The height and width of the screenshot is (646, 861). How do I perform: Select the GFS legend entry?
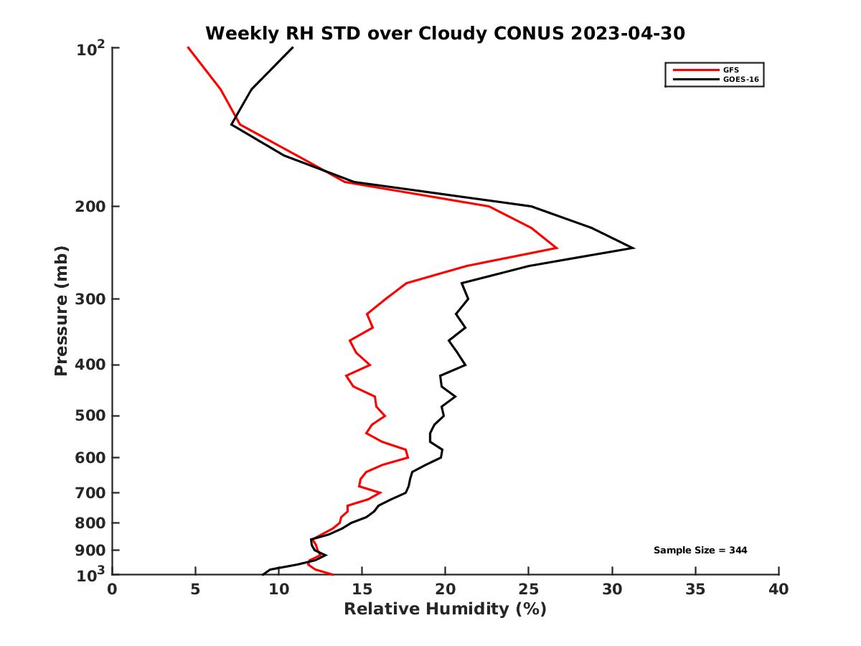pyautogui.click(x=731, y=70)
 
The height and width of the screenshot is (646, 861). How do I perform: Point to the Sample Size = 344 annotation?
pyautogui.click(x=700, y=551)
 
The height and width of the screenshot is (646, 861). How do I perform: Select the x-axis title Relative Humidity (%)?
pyautogui.click(x=445, y=609)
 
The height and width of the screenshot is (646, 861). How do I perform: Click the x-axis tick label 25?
pyautogui.click(x=529, y=589)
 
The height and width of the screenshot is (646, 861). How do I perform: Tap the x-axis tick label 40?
pyautogui.click(x=778, y=589)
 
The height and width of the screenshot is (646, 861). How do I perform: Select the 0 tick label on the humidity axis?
pyautogui.click(x=113, y=589)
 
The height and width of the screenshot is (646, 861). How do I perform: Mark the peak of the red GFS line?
pyautogui.click(x=557, y=248)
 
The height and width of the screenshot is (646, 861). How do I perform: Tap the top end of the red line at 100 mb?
pyautogui.click(x=188, y=47)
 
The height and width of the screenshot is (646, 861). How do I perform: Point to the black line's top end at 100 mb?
pyautogui.click(x=293, y=47)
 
